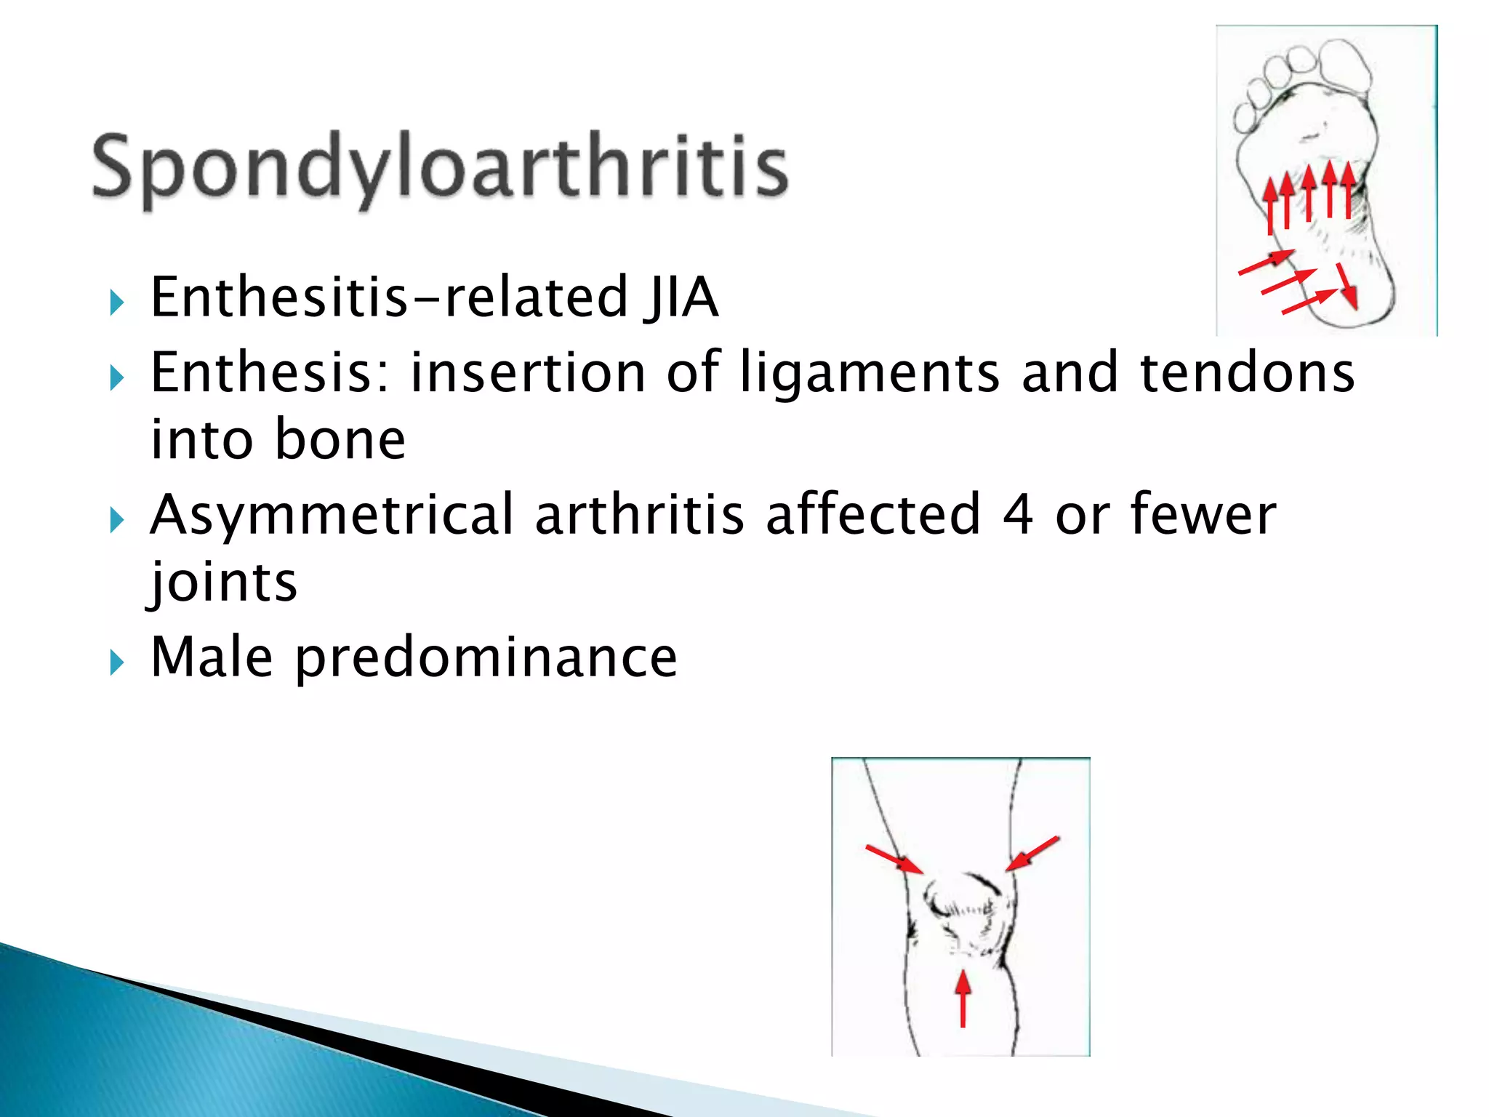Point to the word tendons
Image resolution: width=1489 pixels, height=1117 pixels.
(1247, 372)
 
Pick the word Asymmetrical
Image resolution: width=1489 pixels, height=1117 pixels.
(332, 515)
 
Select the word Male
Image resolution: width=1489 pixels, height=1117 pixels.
(212, 657)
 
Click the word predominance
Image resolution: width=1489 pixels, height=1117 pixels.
(486, 657)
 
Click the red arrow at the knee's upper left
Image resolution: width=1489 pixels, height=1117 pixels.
(894, 858)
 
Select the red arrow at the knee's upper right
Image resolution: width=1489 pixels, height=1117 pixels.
(1032, 852)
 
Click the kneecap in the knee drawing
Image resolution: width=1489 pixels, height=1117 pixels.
(961, 905)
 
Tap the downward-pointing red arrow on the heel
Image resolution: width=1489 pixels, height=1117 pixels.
(1346, 287)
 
